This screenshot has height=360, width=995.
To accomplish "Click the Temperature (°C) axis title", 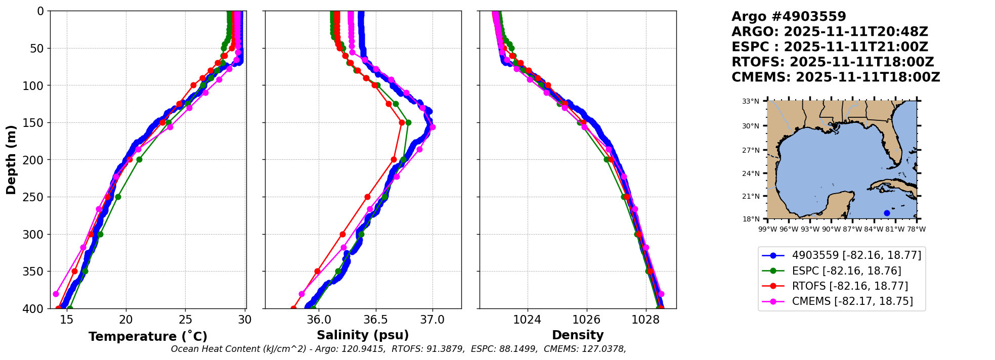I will [148, 337].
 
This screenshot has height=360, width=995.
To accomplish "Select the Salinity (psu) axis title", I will [363, 335].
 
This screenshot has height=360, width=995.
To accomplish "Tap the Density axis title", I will [578, 335].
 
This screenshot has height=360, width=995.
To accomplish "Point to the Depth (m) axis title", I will [11, 160].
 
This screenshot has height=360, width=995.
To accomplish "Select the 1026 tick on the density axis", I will [586, 320].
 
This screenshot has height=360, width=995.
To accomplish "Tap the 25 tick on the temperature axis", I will [186, 320].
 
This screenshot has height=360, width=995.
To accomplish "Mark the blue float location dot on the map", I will [887, 213].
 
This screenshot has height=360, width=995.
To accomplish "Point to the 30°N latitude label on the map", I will [751, 126].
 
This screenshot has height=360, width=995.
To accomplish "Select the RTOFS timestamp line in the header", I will [833, 62].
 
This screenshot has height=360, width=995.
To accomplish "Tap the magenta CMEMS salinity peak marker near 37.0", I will [432, 127].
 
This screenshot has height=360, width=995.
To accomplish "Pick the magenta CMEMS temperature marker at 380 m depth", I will [56, 294].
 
